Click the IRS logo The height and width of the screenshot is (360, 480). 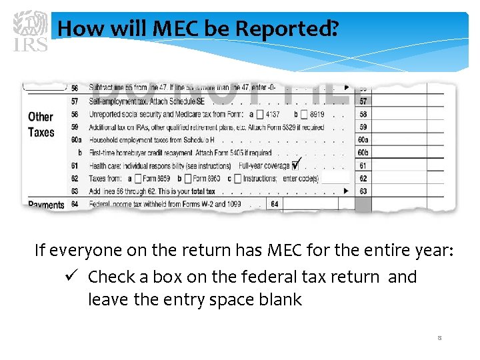point(30,30)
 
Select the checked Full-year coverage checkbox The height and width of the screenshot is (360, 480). point(295,165)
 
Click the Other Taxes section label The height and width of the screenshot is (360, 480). point(41,125)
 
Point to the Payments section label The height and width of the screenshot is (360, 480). point(46,205)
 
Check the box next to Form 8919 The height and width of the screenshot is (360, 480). point(303,114)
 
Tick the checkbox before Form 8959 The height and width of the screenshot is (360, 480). point(138,179)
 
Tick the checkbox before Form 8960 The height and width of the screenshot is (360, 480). point(187,179)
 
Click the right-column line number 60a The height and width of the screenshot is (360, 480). point(363,140)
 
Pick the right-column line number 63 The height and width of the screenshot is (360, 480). point(363,191)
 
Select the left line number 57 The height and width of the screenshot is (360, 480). point(75,101)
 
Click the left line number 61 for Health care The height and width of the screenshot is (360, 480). point(75,165)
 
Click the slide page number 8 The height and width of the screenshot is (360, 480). point(439,338)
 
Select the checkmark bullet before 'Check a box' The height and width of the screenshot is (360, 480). point(73,277)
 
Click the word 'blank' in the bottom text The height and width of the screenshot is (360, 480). point(280,300)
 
